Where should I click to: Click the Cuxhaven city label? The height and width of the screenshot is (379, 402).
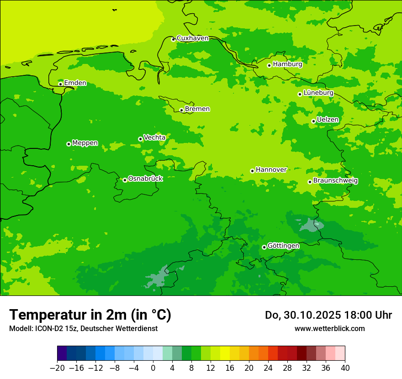click(x=192, y=38)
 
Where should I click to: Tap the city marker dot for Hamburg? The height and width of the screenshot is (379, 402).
click(x=269, y=65)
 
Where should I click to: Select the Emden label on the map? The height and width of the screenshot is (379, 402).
click(x=75, y=83)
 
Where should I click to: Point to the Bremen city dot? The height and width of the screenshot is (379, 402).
click(x=181, y=110)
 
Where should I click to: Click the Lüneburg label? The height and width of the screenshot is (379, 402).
click(x=318, y=93)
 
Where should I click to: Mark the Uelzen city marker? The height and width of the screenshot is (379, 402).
click(x=313, y=121)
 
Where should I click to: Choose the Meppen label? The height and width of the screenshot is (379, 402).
click(x=85, y=143)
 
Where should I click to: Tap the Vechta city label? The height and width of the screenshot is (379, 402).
click(x=154, y=137)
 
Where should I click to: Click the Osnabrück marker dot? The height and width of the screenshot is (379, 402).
click(x=125, y=180)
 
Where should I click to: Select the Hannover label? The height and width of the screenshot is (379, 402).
click(x=271, y=170)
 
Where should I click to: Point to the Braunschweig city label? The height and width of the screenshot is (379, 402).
click(x=335, y=181)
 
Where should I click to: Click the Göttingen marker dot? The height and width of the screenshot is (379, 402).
click(x=264, y=247)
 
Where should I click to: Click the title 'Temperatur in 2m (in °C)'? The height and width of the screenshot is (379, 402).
click(x=90, y=315)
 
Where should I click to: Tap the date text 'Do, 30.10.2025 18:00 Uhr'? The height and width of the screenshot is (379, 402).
click(x=328, y=315)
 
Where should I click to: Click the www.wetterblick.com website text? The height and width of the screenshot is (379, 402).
click(x=329, y=328)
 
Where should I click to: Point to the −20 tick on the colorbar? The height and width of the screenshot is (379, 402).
click(x=58, y=368)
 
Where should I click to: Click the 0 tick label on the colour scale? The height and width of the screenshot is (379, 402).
click(x=153, y=368)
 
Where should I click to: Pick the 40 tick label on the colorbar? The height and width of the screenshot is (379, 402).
click(x=345, y=368)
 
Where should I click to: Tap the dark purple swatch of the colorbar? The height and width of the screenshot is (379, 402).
click(x=62, y=353)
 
